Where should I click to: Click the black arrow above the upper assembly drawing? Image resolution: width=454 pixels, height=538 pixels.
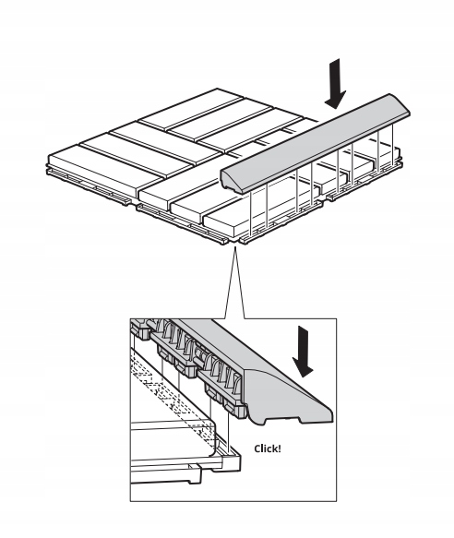tap(335, 84)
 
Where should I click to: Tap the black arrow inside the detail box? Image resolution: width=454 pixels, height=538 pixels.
tap(303, 352)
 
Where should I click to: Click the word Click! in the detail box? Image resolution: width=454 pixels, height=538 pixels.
tap(268, 448)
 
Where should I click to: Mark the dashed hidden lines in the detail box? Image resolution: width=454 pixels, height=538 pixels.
tap(172, 395)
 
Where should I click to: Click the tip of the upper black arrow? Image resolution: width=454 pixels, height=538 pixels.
tap(335, 109)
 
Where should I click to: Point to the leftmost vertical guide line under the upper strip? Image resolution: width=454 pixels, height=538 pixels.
tap(251, 213)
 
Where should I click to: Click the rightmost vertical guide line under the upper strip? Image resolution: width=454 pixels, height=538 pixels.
tap(392, 143)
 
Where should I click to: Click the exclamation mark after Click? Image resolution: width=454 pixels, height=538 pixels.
tap(280, 448)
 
